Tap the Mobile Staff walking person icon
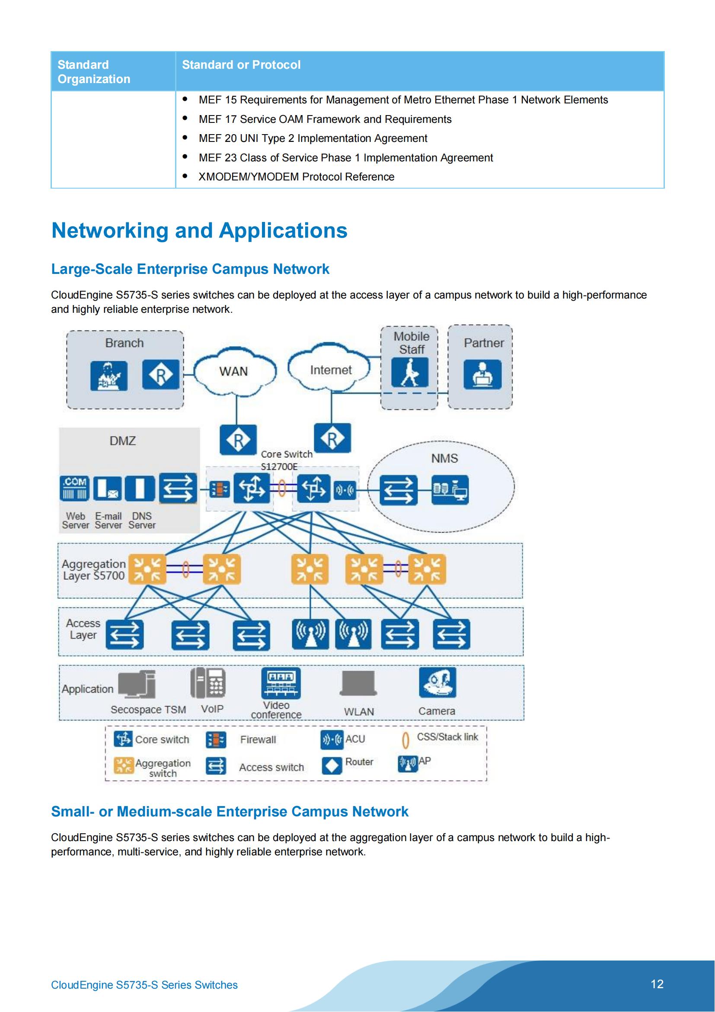pos(409,373)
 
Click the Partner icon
pos(482,374)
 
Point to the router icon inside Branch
pos(161,375)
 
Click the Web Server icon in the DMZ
pos(74,488)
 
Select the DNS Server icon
pos(140,488)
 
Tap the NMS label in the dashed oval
pos(444,458)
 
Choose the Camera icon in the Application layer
pos(437,682)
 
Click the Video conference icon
pos(281,683)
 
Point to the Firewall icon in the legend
pos(216,740)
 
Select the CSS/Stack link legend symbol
pos(405,740)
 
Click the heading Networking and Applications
pos(199,231)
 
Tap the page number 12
pos(657,984)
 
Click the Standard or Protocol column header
pos(241,65)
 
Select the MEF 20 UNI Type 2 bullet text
pos(313,138)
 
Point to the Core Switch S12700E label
pos(286,460)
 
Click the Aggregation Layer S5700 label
pos(93,569)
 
